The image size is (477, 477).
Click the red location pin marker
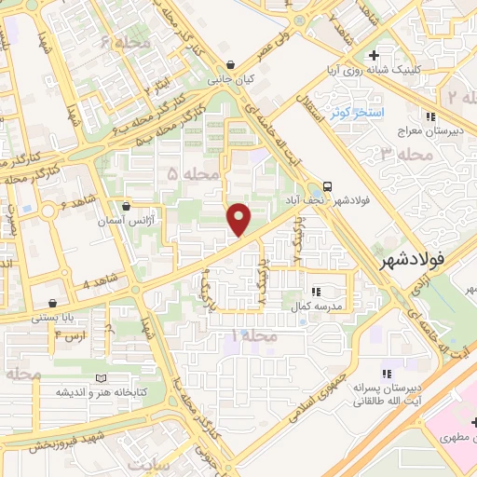coord(239,220)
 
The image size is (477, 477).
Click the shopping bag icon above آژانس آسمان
coord(126,206)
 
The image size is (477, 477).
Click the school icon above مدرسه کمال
coord(317,291)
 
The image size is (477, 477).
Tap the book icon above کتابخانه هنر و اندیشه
coord(64,377)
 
